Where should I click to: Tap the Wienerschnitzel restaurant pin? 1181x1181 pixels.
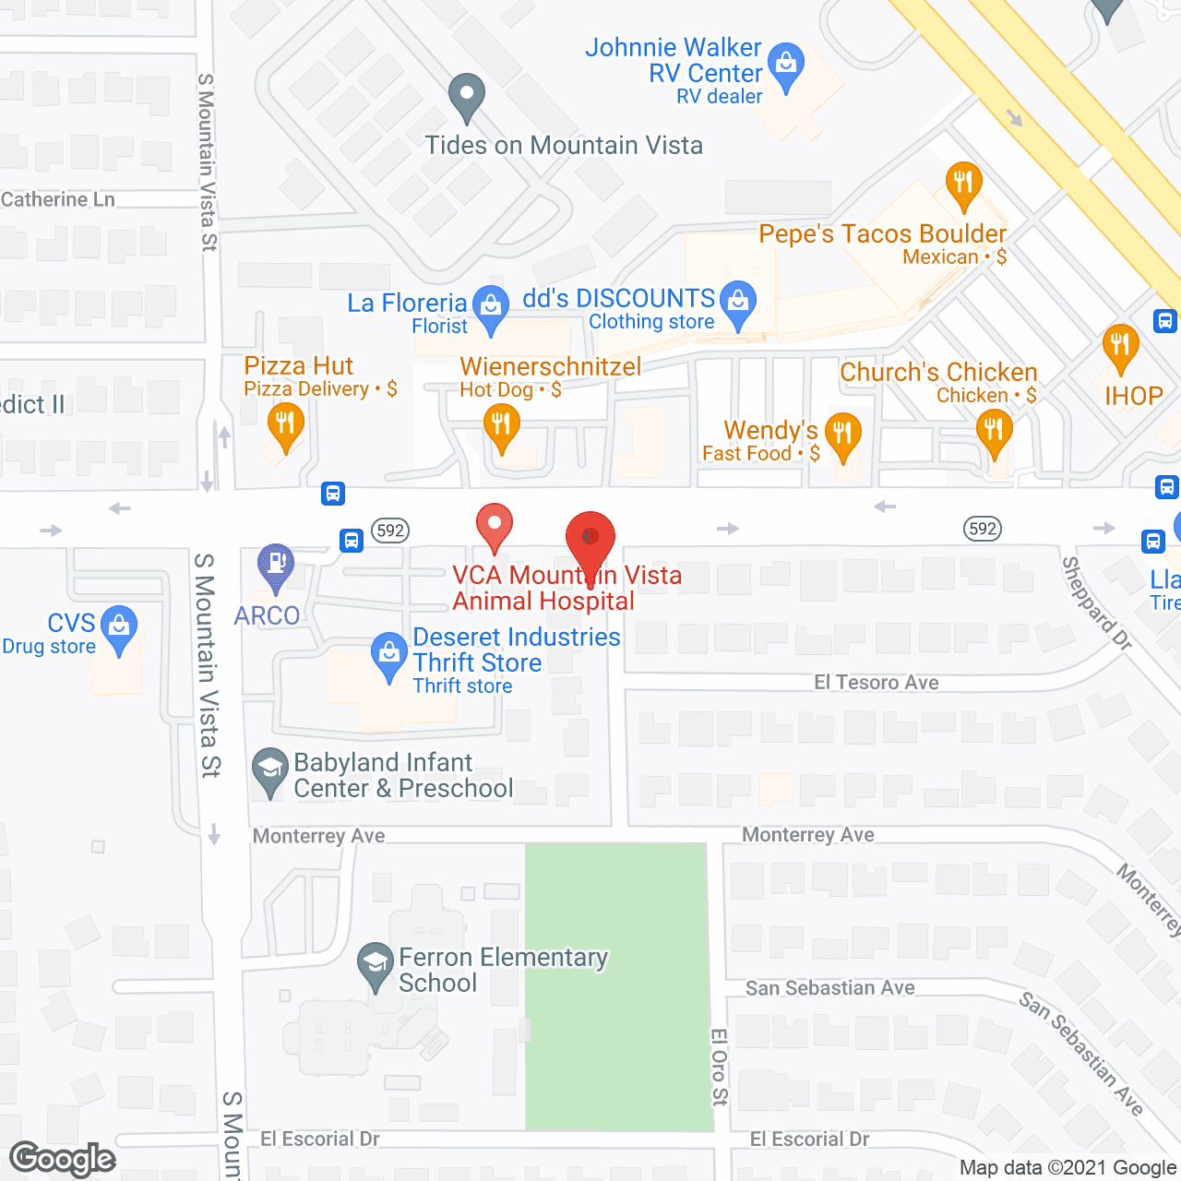pos(501,426)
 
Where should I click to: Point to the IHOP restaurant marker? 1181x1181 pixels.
pos(1120,347)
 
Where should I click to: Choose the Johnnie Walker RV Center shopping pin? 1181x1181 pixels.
pos(786,65)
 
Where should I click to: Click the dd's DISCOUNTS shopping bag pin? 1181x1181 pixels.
pos(738,302)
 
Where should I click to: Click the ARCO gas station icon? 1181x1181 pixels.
pos(275,564)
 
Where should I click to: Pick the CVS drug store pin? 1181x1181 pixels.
pos(119,627)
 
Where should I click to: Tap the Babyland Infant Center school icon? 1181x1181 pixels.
pos(270,769)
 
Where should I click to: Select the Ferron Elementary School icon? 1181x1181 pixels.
pos(376,963)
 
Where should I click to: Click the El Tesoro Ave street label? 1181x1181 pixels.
pos(876,683)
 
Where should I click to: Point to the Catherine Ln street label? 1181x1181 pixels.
pos(58,199)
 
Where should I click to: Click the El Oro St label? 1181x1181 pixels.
pos(720,1067)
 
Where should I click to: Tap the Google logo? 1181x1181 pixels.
pos(63,1159)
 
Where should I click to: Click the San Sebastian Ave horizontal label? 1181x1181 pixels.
pos(829,988)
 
